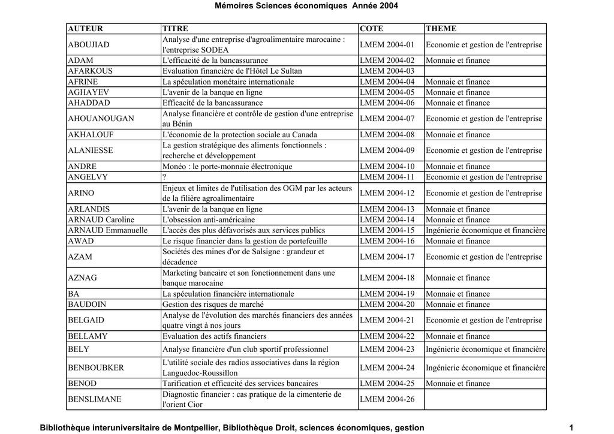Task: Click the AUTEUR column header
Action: [x=85, y=28]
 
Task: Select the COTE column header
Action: [x=372, y=28]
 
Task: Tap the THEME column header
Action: [x=441, y=28]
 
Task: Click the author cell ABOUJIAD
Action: [x=89, y=45]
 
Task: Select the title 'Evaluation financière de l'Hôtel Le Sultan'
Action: [x=232, y=71]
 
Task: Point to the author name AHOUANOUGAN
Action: [x=101, y=119]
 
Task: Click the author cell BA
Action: [x=74, y=294]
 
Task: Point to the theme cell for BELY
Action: [x=485, y=349]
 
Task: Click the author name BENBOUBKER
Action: [x=96, y=367]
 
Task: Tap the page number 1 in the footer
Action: [x=571, y=427]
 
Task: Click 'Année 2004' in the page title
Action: [x=375, y=5]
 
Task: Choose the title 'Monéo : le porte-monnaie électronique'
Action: [x=227, y=167]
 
